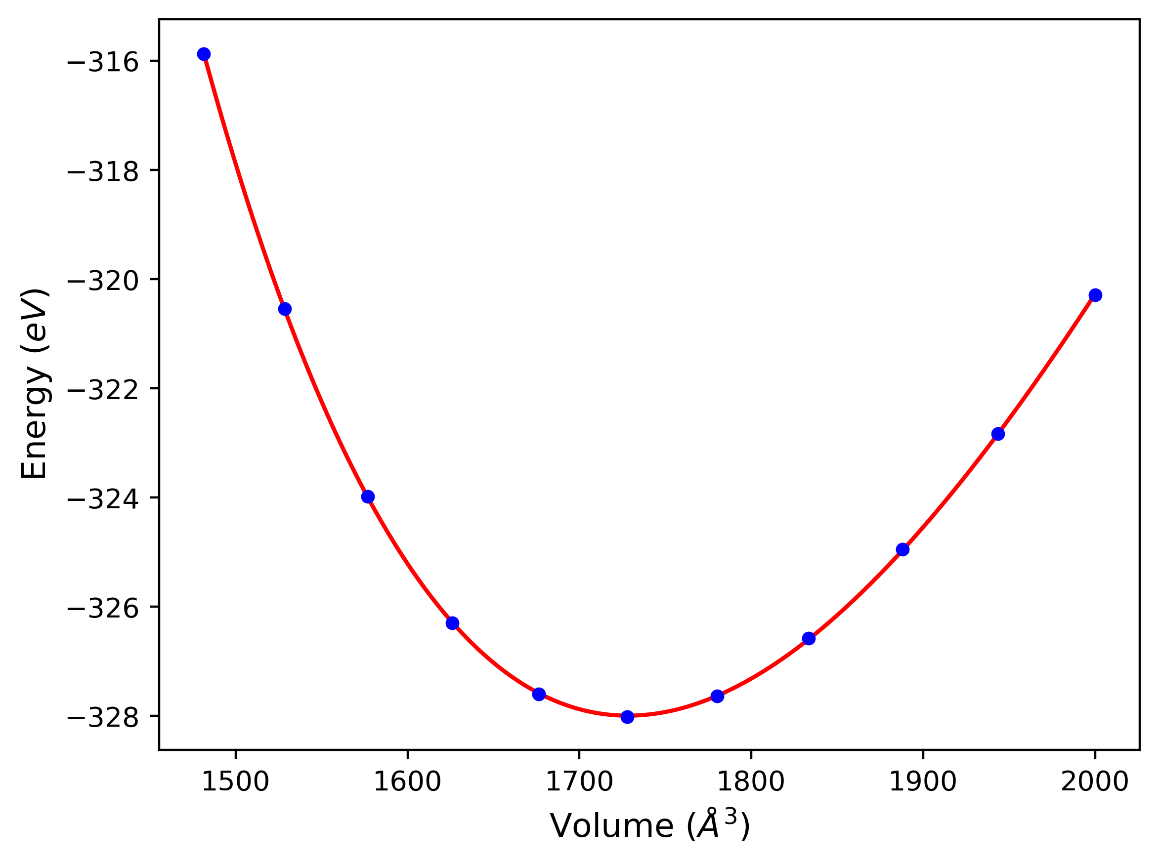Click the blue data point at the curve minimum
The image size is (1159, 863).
tap(627, 717)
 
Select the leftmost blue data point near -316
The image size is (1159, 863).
tap(204, 54)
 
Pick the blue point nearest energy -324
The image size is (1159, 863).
tap(368, 497)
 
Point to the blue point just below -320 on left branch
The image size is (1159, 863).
tap(285, 309)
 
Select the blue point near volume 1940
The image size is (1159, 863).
tap(998, 434)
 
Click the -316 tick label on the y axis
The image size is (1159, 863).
tap(103, 63)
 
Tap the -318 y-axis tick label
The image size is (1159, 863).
tap(103, 172)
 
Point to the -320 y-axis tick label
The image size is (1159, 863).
tap(103, 281)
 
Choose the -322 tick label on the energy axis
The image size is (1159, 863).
tap(103, 390)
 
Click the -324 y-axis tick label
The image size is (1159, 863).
tap(103, 499)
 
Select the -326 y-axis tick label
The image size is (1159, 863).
tap(103, 609)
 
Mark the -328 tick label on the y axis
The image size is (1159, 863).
tap(103, 718)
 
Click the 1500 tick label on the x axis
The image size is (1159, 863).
tap(235, 782)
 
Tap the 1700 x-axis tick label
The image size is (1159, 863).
tap(579, 782)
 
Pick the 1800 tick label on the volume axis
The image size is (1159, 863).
tap(751, 782)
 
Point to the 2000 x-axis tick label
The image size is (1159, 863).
tap(1095, 782)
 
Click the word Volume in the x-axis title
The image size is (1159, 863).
tap(611, 827)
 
